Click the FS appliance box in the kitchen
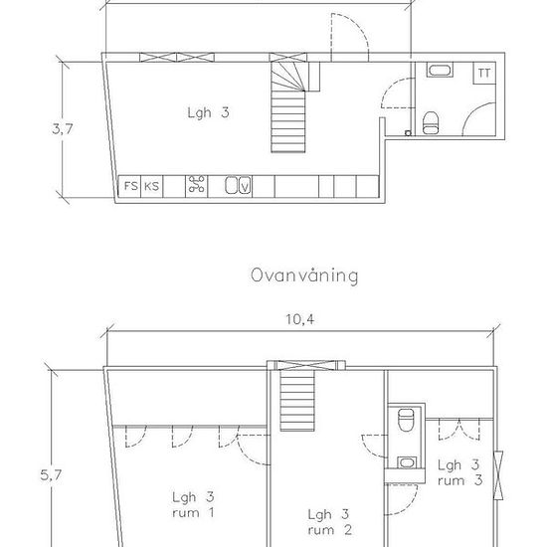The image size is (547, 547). (129, 186)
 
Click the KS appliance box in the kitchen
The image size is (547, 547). (152, 186)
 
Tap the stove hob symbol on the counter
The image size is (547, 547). (196, 184)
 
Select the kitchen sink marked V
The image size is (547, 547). (238, 185)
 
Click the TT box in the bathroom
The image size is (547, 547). (484, 73)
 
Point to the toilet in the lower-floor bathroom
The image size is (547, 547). (430, 123)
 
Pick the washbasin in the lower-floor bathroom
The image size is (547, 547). (440, 70)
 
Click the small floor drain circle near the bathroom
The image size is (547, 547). (408, 133)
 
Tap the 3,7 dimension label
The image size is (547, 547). (63, 129)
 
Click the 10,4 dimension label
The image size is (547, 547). (300, 319)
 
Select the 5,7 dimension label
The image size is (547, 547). (51, 474)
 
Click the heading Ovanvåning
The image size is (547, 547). (304, 275)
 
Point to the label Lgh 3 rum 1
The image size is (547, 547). (193, 505)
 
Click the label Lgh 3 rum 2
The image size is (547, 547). (330, 522)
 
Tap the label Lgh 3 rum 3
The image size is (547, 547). (460, 472)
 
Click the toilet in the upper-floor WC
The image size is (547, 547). (406, 420)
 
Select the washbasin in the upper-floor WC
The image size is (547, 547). (406, 462)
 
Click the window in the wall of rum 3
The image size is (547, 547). (498, 475)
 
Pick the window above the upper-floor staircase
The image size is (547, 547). (306, 365)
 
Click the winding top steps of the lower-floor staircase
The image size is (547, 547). (288, 76)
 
